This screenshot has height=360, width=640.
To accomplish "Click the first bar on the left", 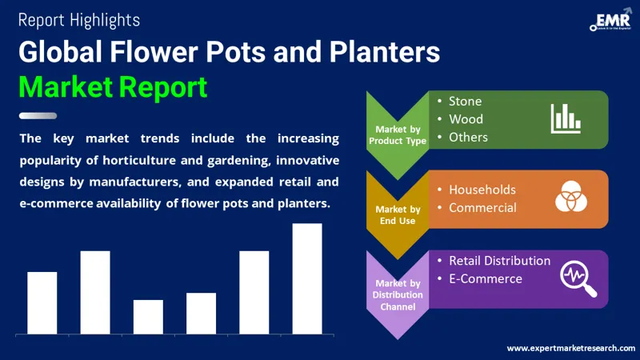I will (x=42, y=302).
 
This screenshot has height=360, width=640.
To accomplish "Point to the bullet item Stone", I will (x=465, y=102).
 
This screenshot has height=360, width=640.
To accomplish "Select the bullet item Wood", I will (x=465, y=119).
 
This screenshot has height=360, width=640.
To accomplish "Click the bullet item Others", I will (x=468, y=137).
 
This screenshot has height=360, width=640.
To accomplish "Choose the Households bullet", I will (x=482, y=190).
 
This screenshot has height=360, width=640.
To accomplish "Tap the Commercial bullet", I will (x=482, y=208).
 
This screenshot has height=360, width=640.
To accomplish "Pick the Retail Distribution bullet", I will (x=499, y=261).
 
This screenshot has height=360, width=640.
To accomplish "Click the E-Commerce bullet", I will (x=485, y=278).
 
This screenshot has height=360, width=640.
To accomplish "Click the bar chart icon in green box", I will (x=565, y=118).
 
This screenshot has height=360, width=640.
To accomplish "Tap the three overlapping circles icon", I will (x=571, y=198).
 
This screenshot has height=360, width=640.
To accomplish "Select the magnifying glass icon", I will (x=578, y=278).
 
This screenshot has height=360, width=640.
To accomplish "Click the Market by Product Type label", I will (x=397, y=135).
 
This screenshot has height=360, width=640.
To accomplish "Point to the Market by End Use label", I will (x=397, y=214).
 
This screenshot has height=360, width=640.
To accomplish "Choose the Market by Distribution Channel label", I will (x=397, y=294).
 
